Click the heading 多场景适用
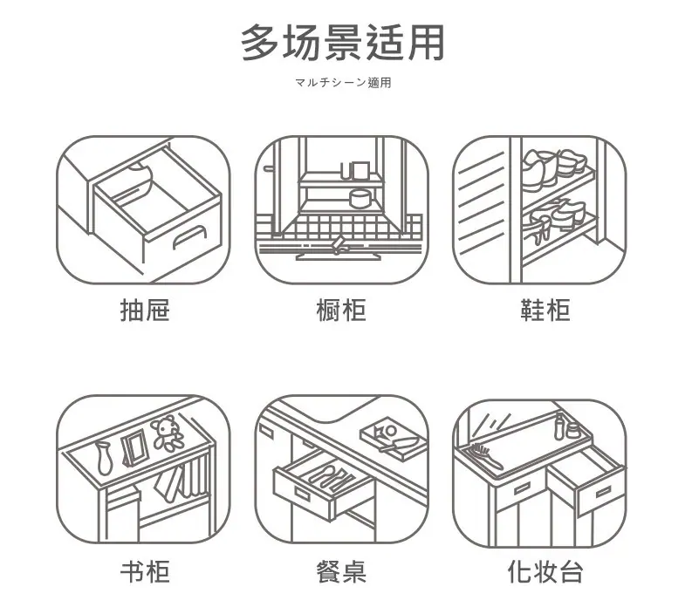[x=342, y=43]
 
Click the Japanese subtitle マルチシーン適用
[x=343, y=83]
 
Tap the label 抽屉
[x=145, y=310]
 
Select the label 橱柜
[x=341, y=310]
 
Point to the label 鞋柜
[x=545, y=310]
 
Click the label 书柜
[x=145, y=572]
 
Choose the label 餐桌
[x=341, y=572]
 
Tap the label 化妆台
[x=545, y=572]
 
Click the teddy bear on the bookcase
[x=167, y=433]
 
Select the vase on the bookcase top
[x=103, y=458]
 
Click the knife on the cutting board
[x=400, y=444]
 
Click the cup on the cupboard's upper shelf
[x=356, y=171]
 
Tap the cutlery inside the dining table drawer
[x=330, y=475]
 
